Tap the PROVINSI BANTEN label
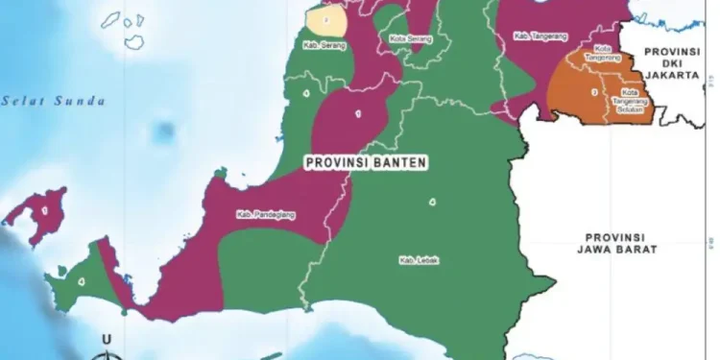pyautogui.click(x=366, y=163)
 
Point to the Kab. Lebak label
pyautogui.click(x=419, y=259)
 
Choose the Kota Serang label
pyautogui.click(x=411, y=39)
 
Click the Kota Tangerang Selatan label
pyautogui.click(x=629, y=103)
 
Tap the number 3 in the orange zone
pyautogui.click(x=594, y=92)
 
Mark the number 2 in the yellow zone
pyautogui.click(x=326, y=18)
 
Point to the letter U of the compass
pyautogui.click(x=108, y=339)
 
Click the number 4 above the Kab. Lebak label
pyautogui.click(x=432, y=202)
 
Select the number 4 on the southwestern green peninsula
pyautogui.click(x=81, y=281)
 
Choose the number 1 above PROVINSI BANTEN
pyautogui.click(x=358, y=113)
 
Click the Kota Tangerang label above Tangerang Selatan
pyautogui.click(x=603, y=53)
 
